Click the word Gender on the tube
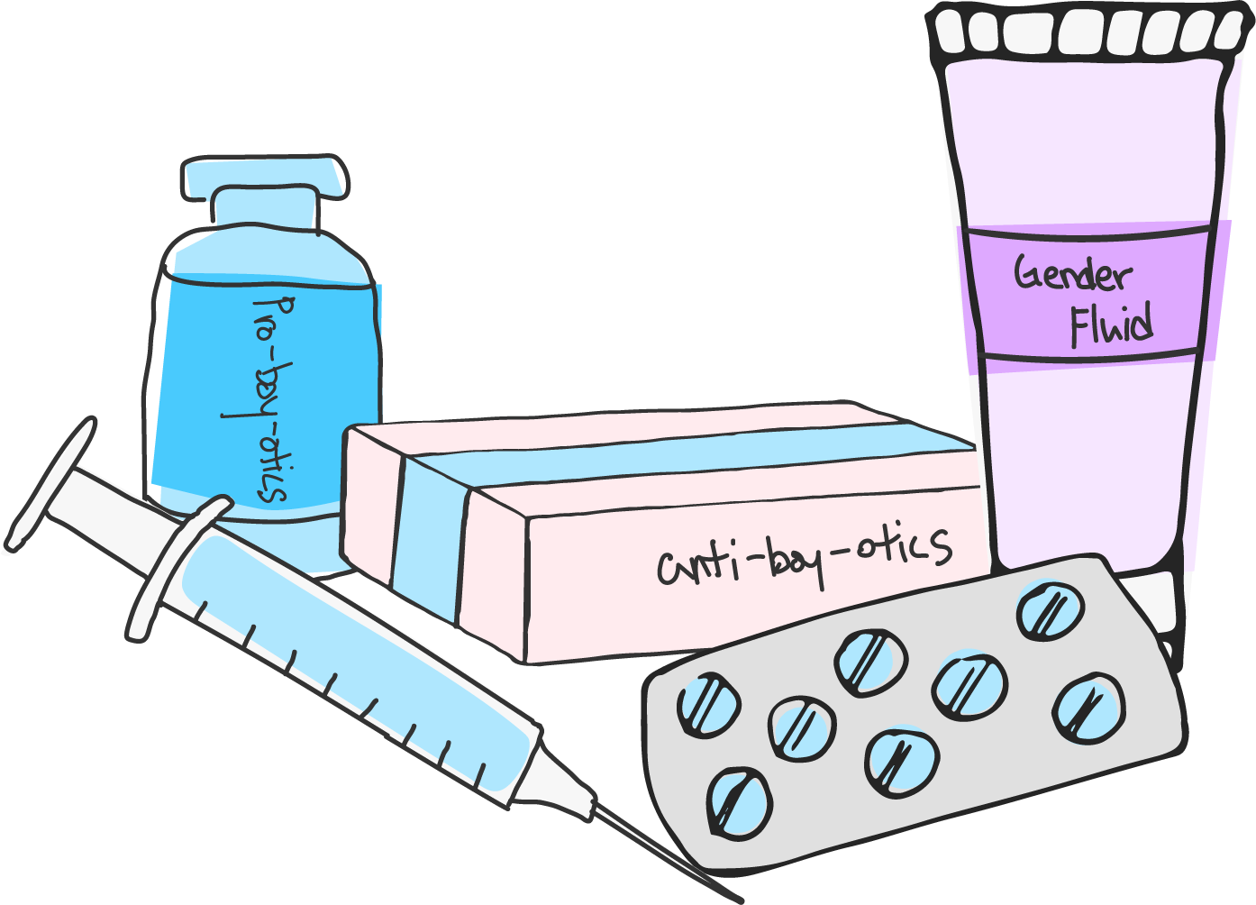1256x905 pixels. coord(1072,273)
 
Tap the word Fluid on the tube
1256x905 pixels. coord(1112,325)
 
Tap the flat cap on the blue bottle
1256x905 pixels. coord(264,177)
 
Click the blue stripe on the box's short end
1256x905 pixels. coord(428,541)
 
